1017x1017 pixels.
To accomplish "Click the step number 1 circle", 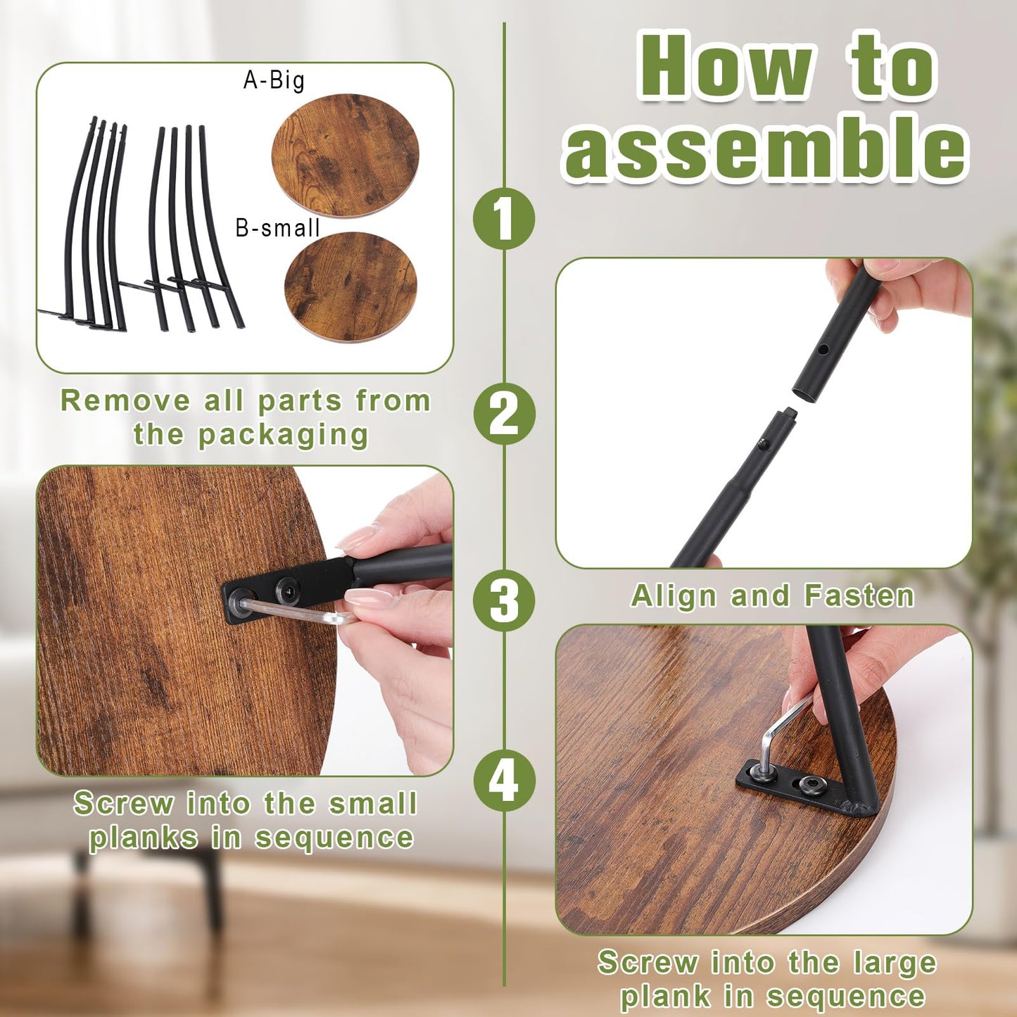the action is coord(504,219).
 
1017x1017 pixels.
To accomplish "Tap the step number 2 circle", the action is coord(504,413).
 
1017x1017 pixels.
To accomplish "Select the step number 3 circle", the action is coord(504,600).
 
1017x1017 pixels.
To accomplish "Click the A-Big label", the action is coord(274,80).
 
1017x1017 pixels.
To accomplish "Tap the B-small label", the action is coord(277,228).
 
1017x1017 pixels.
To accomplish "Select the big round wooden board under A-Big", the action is coord(345,156).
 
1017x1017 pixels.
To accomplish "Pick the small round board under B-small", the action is coord(350,286).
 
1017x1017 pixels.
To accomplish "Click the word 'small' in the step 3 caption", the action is coord(373,803).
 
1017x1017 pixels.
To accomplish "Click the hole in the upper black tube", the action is coord(823,349).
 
